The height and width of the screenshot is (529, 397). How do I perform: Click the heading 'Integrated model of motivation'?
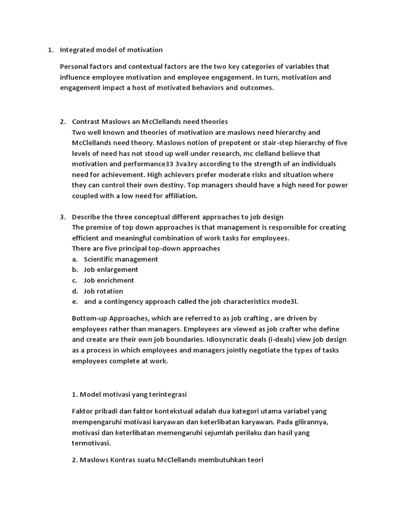point(111,50)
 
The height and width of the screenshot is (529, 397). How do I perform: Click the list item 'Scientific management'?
point(121,259)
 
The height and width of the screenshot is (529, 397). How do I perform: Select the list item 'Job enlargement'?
point(111,270)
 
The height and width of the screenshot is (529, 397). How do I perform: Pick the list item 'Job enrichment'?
point(109,281)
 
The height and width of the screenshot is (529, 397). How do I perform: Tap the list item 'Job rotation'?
point(103,291)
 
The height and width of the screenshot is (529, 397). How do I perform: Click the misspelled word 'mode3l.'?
point(286,302)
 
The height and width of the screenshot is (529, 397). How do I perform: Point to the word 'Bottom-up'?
point(88,318)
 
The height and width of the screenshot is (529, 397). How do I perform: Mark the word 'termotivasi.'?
point(91,443)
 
